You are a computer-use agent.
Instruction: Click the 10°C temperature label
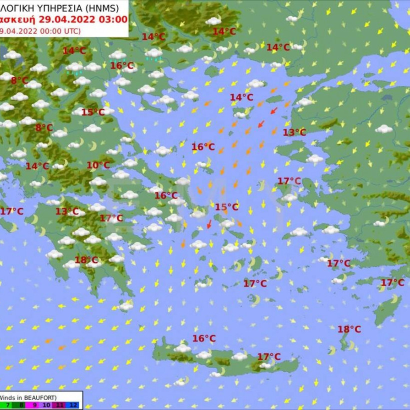point(98,165)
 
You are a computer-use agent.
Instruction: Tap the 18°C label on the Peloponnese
point(86,260)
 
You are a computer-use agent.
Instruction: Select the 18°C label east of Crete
point(349,329)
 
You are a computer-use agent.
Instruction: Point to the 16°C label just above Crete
point(204,339)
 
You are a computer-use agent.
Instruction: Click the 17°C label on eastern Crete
point(269,357)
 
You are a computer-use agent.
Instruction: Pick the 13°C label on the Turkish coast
point(294,132)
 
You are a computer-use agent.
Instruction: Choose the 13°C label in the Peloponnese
point(67,211)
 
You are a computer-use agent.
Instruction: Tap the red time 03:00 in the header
point(113,19)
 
